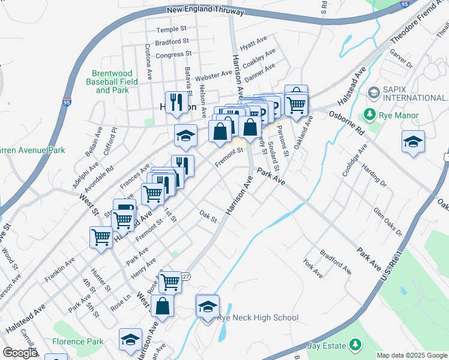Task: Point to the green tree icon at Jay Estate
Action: click(x=356, y=346)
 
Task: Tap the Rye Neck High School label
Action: click(x=258, y=318)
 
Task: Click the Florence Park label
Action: click(x=77, y=342)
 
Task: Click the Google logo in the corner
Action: click(x=19, y=353)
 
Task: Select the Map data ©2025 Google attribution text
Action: click(x=411, y=355)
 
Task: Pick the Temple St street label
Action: click(x=172, y=29)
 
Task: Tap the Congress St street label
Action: click(x=172, y=55)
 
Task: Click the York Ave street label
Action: click(x=313, y=268)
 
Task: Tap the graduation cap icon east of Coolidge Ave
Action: click(x=413, y=142)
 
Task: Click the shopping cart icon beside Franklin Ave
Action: click(x=100, y=237)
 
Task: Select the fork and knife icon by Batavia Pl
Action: click(x=176, y=101)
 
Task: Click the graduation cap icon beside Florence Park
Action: click(x=130, y=340)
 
